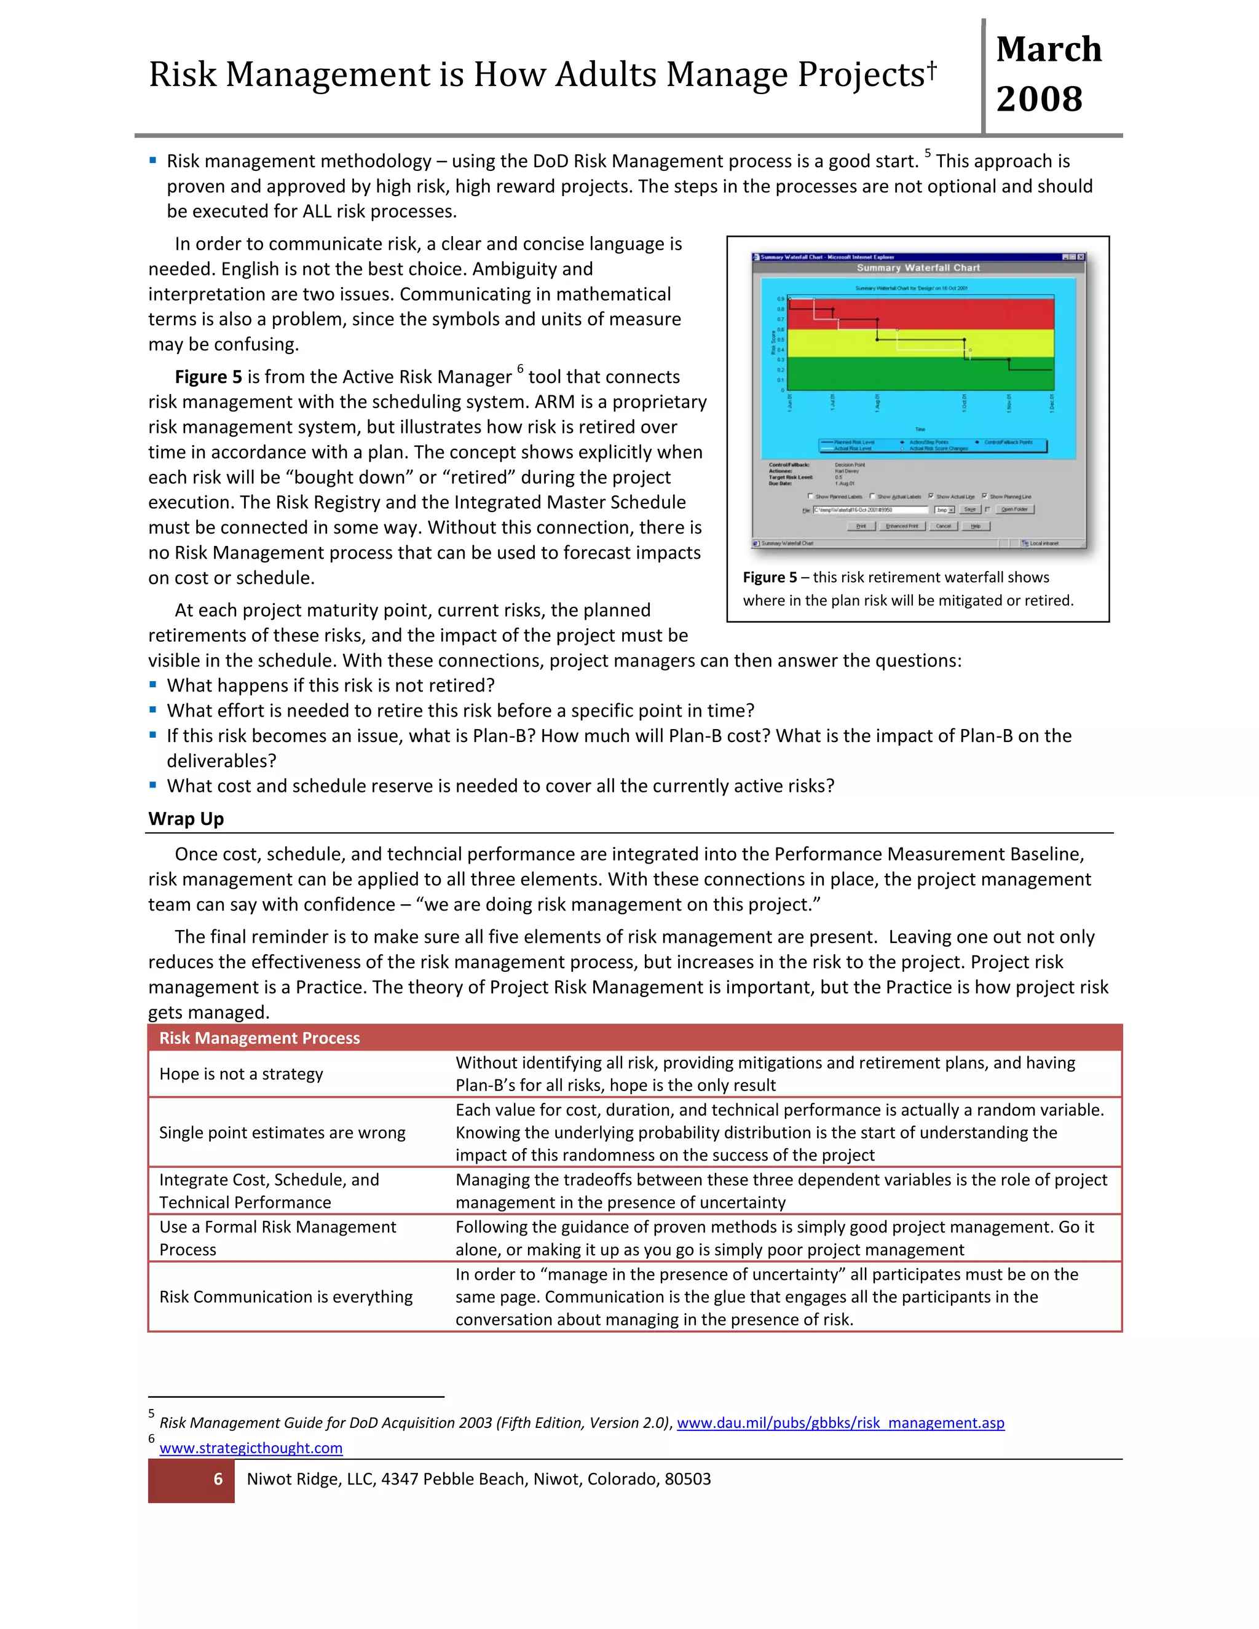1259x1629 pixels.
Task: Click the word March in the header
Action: pyautogui.click(x=1048, y=49)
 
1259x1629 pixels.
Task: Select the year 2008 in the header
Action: pyautogui.click(x=1039, y=99)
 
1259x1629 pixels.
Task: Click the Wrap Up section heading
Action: pyautogui.click(x=186, y=818)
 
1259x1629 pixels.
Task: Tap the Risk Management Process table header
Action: pyautogui.click(x=259, y=1038)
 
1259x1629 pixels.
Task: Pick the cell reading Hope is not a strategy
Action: pyautogui.click(x=241, y=1073)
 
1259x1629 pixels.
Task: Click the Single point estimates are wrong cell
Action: pyautogui.click(x=282, y=1132)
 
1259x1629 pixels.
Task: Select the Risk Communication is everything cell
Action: pyautogui.click(x=286, y=1296)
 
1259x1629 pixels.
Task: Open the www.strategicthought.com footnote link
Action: pyautogui.click(x=251, y=1448)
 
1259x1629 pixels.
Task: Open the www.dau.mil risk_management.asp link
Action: pyautogui.click(x=840, y=1422)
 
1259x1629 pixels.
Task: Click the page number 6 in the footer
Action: pyautogui.click(x=218, y=1479)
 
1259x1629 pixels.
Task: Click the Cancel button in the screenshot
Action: pyautogui.click(x=944, y=526)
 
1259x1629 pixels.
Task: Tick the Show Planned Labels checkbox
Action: pyautogui.click(x=811, y=496)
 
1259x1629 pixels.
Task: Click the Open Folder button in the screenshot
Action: pyautogui.click(x=1014, y=510)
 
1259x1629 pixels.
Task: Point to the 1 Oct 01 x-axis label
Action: pyautogui.click(x=965, y=403)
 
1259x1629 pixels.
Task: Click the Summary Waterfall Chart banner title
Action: pyautogui.click(x=918, y=268)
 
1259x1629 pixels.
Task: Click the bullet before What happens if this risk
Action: pyautogui.click(x=153, y=685)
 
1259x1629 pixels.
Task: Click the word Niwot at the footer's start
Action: pyautogui.click(x=269, y=1479)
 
